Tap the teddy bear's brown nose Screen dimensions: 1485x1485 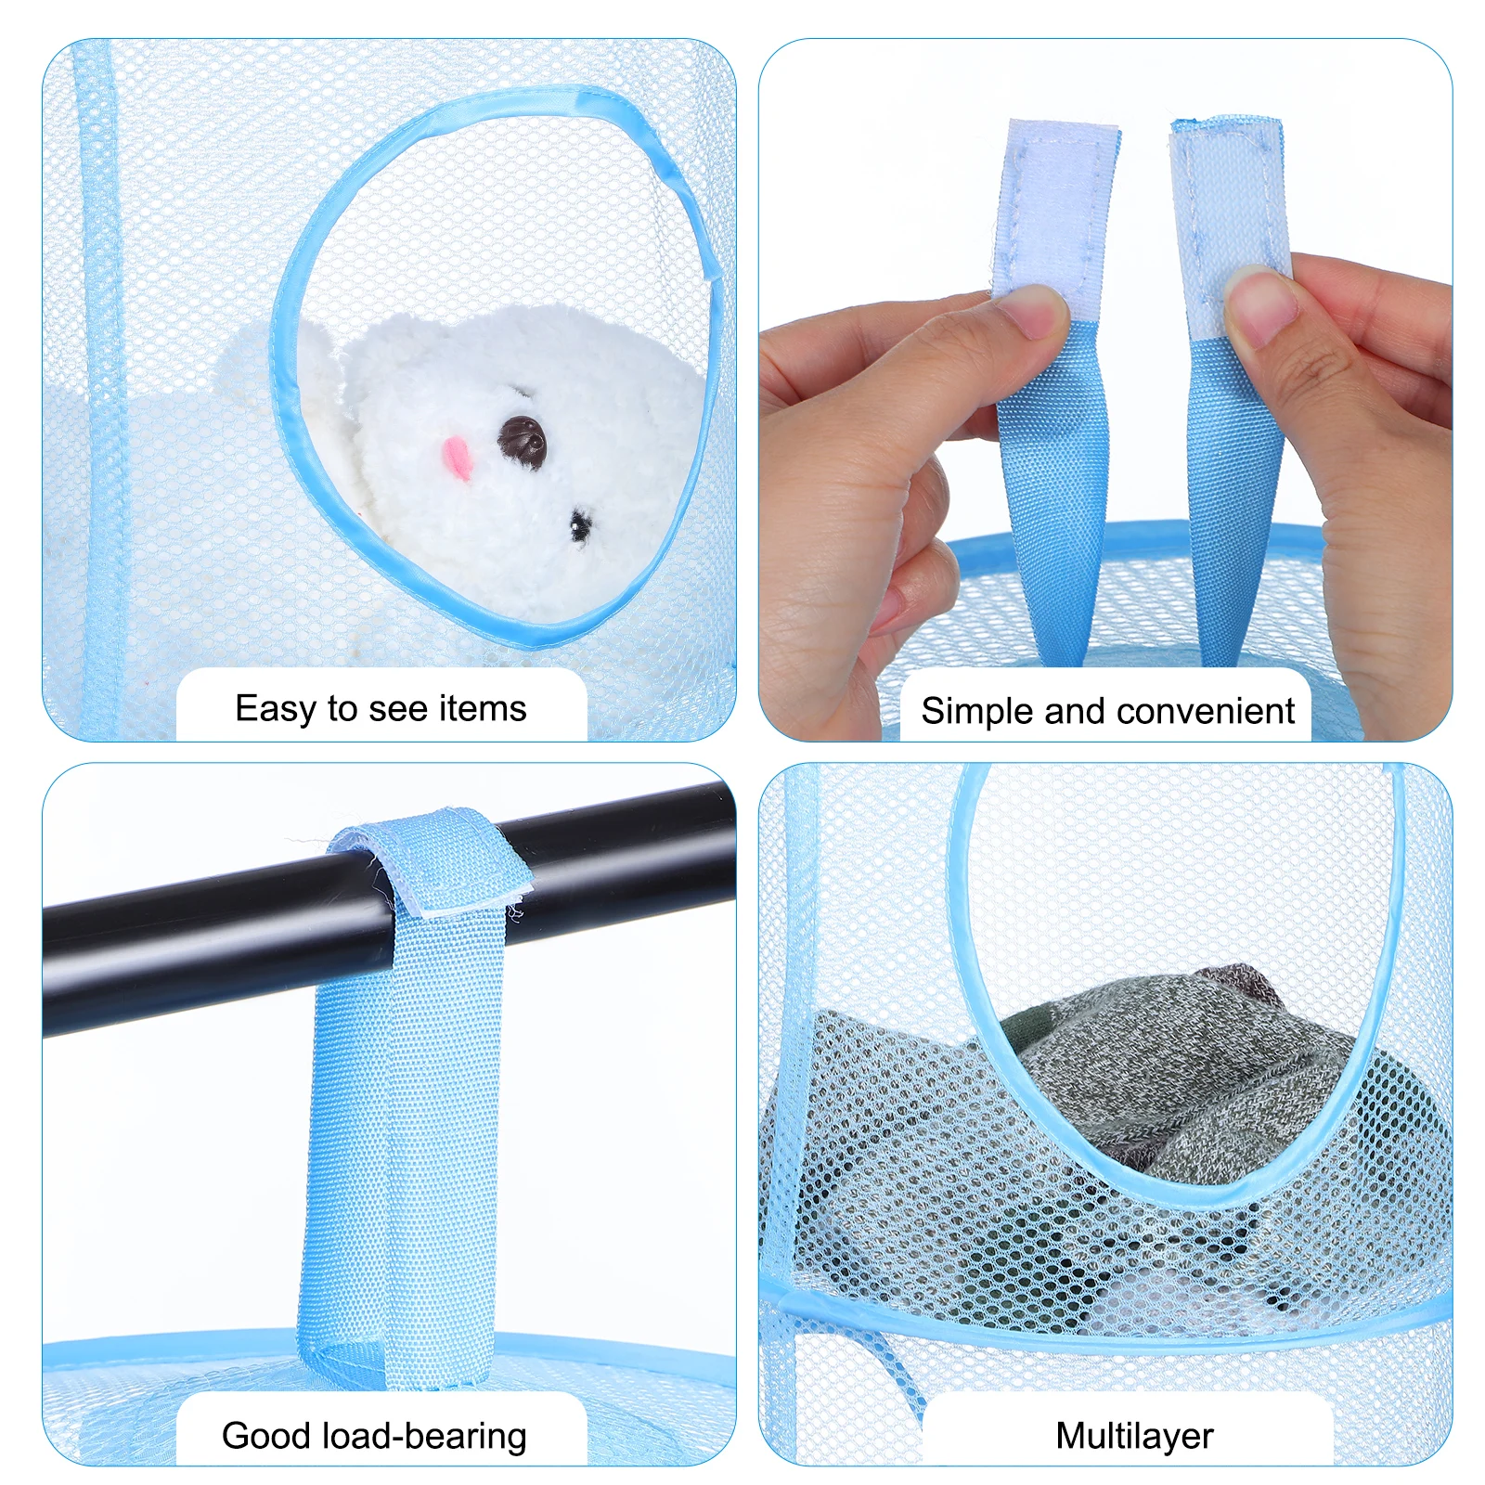click(x=522, y=439)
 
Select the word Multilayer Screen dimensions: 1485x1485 click(x=1134, y=1436)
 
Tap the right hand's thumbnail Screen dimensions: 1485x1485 click(x=1260, y=305)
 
